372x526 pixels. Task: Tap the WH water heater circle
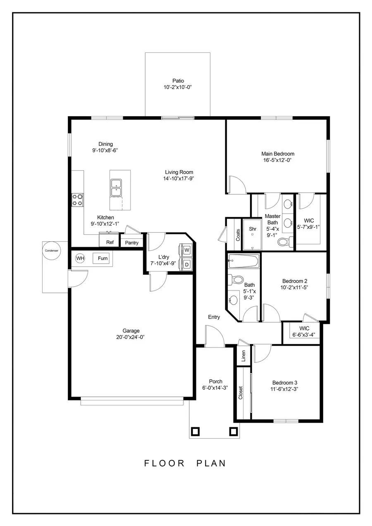coord(80,259)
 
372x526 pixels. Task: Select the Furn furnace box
coord(103,259)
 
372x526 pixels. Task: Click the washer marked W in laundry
coord(187,250)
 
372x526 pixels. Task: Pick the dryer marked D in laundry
coord(187,264)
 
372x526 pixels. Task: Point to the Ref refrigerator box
coord(110,242)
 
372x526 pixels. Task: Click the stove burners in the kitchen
coord(78,200)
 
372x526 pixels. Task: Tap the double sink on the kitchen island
coord(116,188)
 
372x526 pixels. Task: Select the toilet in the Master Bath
coord(283,241)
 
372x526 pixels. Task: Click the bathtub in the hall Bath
coord(243,261)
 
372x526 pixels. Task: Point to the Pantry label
coord(132,243)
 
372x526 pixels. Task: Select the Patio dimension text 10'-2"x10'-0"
coord(178,87)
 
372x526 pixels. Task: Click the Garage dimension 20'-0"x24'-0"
coord(131,337)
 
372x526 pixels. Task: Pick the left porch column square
coord(196,431)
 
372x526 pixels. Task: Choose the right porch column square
coord(233,431)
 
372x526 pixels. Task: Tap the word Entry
coord(214,317)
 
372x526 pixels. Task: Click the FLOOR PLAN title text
coord(185,463)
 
